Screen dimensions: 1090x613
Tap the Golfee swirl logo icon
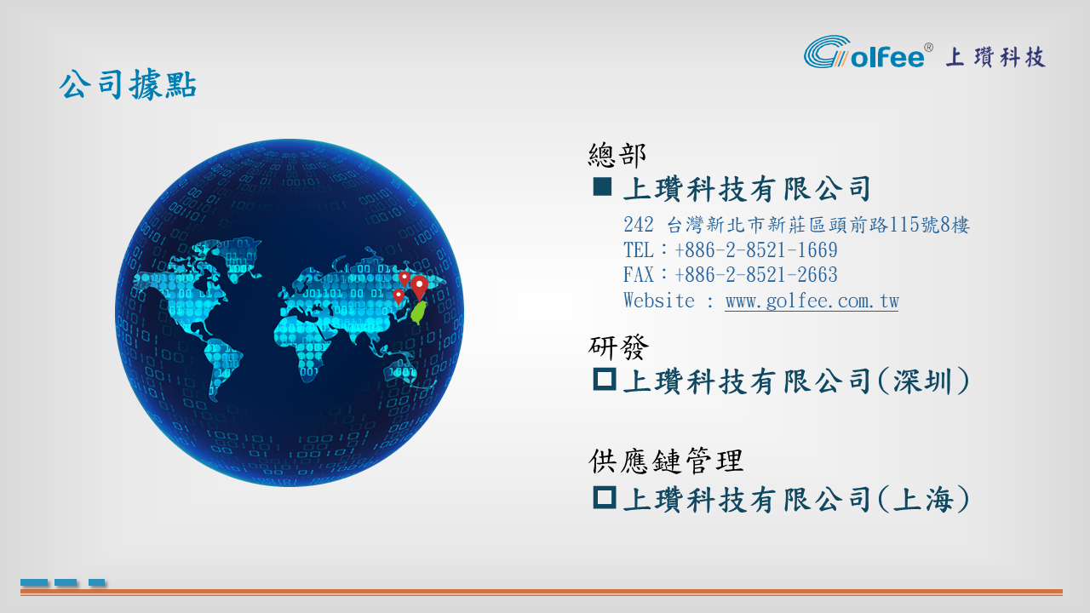click(x=827, y=52)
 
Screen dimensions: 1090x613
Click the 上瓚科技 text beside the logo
click(x=995, y=57)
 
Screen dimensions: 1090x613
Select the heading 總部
click(x=617, y=155)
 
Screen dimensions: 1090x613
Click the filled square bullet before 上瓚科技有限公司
click(x=602, y=186)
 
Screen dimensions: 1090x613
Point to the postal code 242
click(x=639, y=225)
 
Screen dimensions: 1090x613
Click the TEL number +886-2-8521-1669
click(x=756, y=250)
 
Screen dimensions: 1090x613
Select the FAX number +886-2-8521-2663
click(x=756, y=275)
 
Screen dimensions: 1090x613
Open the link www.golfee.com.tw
click(x=812, y=301)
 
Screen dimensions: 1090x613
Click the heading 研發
click(x=618, y=347)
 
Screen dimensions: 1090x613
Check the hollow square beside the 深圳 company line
click(x=605, y=379)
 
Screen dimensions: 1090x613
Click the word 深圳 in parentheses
click(x=923, y=381)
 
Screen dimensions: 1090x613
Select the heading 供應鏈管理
click(x=666, y=461)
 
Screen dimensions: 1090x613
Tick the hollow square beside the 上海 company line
click(x=605, y=497)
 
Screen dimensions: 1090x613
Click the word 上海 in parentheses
click(x=923, y=500)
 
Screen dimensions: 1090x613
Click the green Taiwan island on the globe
click(x=419, y=312)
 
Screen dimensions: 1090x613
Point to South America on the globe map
click(x=221, y=365)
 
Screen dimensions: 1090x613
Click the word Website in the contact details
click(x=659, y=301)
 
